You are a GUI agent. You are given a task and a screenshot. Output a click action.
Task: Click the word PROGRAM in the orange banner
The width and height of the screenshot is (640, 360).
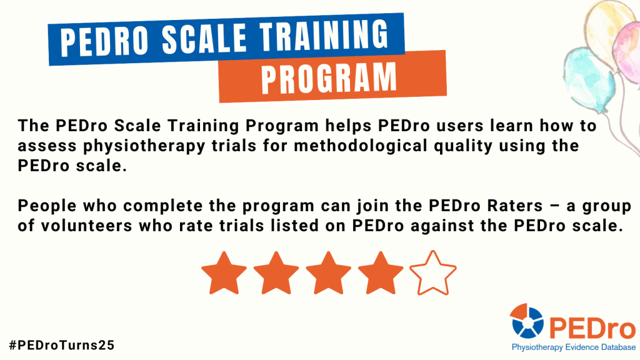click(329, 77)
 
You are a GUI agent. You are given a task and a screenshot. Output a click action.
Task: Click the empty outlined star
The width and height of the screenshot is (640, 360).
click(432, 273)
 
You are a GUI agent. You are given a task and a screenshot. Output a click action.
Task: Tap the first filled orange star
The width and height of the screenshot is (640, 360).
click(224, 273)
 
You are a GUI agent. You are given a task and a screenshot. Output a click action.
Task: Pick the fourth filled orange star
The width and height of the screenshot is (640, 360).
click(381, 273)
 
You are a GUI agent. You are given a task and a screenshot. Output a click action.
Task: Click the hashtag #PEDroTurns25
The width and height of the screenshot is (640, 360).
click(62, 344)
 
